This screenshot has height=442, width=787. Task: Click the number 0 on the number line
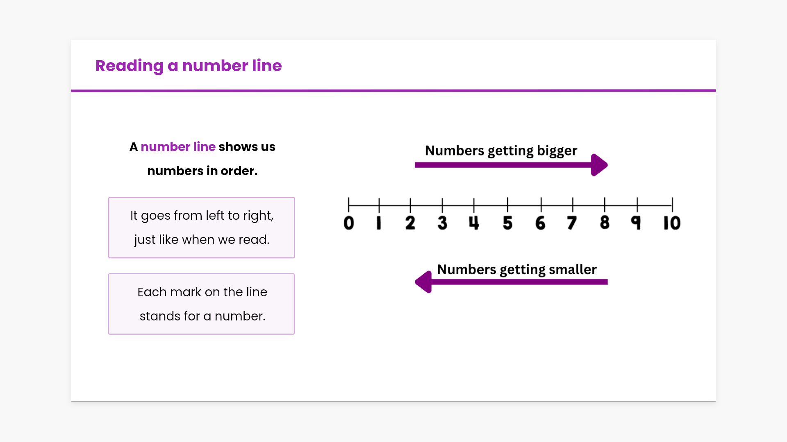click(349, 223)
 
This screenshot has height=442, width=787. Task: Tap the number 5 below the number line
click(507, 223)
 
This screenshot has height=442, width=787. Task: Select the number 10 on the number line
click(672, 223)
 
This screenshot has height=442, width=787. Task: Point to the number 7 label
click(572, 223)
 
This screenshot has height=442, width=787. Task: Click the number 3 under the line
click(442, 223)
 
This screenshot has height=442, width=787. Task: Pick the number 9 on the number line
click(636, 223)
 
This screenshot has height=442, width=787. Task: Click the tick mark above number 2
click(410, 205)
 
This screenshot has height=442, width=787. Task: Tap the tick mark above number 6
click(541, 205)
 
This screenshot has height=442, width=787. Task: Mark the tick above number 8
click(605, 205)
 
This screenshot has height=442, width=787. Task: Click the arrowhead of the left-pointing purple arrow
click(423, 282)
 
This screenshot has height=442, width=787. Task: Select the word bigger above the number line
click(557, 151)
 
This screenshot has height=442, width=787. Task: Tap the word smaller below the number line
click(573, 269)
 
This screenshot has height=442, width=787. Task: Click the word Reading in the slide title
click(130, 66)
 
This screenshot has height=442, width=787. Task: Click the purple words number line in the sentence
click(178, 147)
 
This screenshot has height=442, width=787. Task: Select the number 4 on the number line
click(474, 223)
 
